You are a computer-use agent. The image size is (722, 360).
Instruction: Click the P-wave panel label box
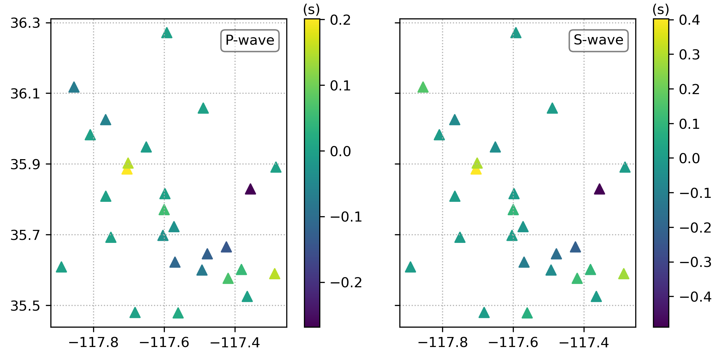click(250, 41)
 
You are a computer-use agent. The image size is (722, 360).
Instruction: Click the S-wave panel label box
click(599, 41)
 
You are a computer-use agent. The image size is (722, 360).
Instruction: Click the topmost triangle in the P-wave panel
click(167, 33)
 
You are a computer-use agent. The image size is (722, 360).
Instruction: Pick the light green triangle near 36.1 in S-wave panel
click(423, 88)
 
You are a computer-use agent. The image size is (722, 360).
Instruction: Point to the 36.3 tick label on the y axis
click(25, 23)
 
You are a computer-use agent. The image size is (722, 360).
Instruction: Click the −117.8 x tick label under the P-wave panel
click(94, 343)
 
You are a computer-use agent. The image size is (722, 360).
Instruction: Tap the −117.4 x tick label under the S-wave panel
click(584, 343)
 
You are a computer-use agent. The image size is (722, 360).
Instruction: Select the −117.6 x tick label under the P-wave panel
click(164, 343)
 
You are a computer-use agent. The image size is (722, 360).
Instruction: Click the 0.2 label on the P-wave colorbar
click(340, 20)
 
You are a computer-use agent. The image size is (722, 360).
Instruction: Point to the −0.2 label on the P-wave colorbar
click(345, 283)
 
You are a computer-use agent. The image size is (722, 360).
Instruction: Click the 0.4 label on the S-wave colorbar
click(689, 20)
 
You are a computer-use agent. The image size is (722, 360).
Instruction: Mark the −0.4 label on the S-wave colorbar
click(695, 297)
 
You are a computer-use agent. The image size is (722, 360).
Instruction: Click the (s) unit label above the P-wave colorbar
click(311, 10)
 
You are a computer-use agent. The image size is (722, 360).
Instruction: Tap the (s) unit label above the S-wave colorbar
click(661, 10)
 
